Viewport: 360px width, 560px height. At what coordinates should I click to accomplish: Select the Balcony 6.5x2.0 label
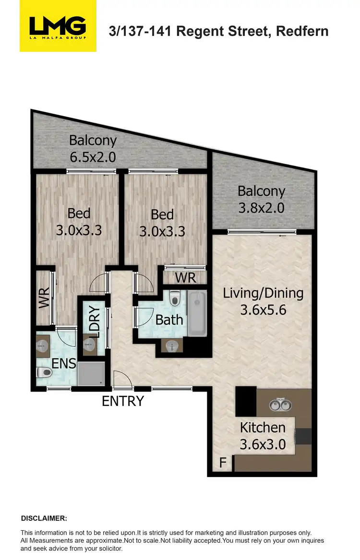tap(93, 149)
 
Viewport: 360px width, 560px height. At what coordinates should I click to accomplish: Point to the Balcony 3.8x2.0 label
tap(262, 199)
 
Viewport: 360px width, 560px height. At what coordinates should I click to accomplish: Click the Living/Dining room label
tap(263, 301)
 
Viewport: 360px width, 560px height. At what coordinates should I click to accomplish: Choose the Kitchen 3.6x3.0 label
tap(263, 435)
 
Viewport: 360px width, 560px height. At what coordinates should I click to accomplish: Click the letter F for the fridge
tap(222, 464)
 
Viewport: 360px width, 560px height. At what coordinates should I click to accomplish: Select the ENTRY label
tap(123, 401)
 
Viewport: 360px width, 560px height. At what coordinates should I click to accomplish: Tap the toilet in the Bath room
tap(175, 298)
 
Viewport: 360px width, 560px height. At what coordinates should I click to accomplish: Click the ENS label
tap(64, 363)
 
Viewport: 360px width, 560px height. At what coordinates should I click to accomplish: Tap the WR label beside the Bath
tap(184, 277)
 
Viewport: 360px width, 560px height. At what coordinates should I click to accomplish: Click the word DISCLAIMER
tap(44, 518)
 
